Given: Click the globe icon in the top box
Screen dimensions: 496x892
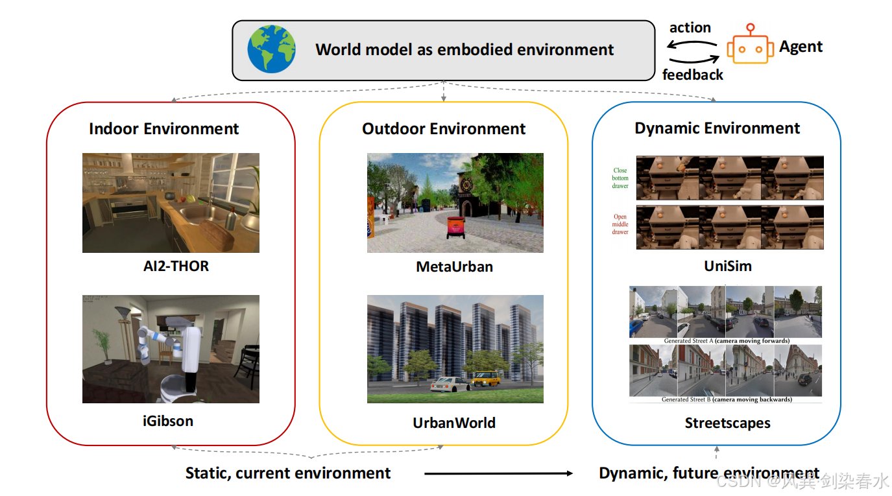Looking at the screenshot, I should [272, 49].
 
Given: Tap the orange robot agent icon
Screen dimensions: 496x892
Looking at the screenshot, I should [750, 47].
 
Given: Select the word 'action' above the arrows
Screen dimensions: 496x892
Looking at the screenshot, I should [690, 27].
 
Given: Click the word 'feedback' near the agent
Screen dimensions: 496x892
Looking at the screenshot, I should [692, 75].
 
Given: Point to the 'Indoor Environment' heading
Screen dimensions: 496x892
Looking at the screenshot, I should [163, 128].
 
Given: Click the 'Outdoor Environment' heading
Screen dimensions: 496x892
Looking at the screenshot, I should [444, 128].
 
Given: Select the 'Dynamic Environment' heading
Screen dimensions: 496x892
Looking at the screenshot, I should [717, 128].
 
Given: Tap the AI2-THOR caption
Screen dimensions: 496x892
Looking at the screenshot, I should [176, 266].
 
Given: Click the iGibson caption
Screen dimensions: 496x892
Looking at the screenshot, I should [167, 421].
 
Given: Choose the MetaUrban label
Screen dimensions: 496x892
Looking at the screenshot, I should [454, 266].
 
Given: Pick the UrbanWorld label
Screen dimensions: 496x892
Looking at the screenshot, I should [454, 423].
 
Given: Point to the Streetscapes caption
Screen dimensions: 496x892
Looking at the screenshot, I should [727, 423].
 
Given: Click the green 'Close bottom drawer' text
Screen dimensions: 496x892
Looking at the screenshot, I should [620, 178].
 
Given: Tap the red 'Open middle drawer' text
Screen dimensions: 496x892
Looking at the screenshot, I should [620, 224].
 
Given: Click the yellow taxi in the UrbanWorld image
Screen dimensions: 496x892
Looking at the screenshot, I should [486, 378].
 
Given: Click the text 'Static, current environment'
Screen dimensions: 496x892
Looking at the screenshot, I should [288, 473].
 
